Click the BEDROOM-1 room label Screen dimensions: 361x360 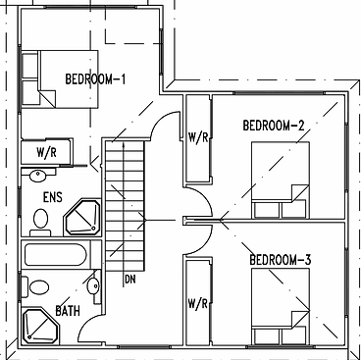point(95,79)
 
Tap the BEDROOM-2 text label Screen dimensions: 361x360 point(274,126)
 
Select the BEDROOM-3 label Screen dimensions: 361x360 point(281,260)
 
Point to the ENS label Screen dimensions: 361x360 point(53,197)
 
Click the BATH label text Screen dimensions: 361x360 point(68,311)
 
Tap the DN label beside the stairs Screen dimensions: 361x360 point(130,280)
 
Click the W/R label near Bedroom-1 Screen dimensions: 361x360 point(46,152)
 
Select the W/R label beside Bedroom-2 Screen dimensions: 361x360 point(198,137)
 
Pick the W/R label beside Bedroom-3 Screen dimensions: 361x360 point(197,304)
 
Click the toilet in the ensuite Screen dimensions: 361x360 point(40,223)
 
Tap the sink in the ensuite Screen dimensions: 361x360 point(38,176)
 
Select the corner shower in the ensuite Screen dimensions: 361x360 point(82,217)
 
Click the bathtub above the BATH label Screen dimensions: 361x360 point(56,255)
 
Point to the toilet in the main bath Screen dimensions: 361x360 point(36,287)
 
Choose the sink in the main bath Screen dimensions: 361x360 point(94,286)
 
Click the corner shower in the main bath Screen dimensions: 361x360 point(40,327)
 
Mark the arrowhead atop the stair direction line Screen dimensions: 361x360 point(124,145)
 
